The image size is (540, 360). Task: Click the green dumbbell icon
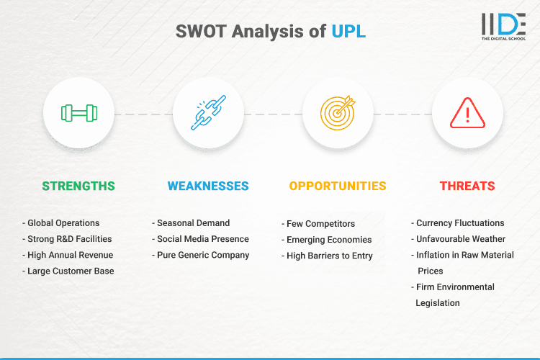(78, 113)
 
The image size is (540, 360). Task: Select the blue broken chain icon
(208, 113)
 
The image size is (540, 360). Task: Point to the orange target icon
(338, 113)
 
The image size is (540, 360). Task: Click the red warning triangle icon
(467, 113)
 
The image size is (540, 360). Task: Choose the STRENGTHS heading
(78, 186)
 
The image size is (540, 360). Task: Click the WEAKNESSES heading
(208, 186)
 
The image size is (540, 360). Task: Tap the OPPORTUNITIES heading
(338, 186)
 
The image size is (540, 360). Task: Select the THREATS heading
(467, 186)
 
